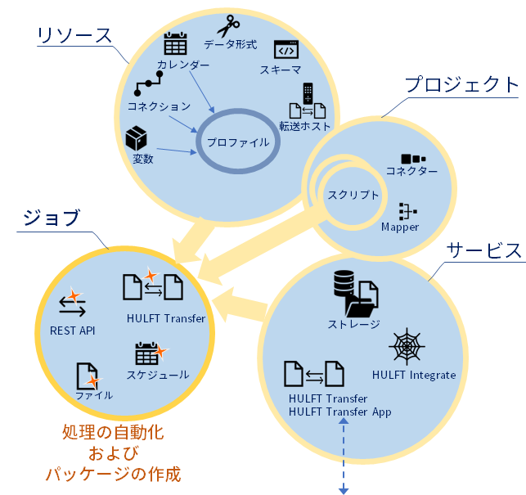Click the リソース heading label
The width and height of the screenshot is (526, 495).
[x=74, y=35]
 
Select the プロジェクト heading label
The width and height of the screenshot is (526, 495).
[x=462, y=85]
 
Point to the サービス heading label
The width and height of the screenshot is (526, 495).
[x=484, y=250]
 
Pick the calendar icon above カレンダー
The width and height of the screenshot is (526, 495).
[x=176, y=45]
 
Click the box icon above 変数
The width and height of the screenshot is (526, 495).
[x=137, y=137]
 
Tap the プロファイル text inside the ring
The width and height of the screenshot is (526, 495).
[x=237, y=142]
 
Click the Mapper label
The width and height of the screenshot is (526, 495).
[x=400, y=227]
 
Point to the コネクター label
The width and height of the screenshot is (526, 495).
[x=411, y=171]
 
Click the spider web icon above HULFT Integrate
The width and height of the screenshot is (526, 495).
[x=405, y=346]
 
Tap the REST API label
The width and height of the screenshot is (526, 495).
[x=73, y=331]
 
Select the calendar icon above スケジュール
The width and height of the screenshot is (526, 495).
[x=148, y=353]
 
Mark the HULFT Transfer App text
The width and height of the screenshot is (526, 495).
[x=339, y=412]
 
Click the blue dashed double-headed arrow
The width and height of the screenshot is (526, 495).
[x=344, y=455]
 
